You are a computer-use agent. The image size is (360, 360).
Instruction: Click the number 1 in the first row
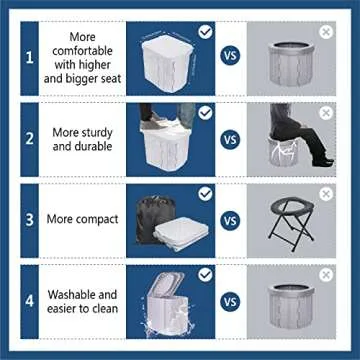pyautogui.click(x=29, y=58)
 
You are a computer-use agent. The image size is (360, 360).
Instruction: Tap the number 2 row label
pyautogui.click(x=29, y=140)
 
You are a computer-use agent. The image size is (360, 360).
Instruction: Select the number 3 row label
pyautogui.click(x=29, y=219)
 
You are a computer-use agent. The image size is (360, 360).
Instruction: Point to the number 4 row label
pyautogui.click(x=29, y=297)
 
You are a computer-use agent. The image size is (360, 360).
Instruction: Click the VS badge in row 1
pyautogui.click(x=230, y=57)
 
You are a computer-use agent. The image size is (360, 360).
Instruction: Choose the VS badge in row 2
pyautogui.click(x=230, y=139)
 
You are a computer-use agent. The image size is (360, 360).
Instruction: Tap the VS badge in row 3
pyautogui.click(x=230, y=218)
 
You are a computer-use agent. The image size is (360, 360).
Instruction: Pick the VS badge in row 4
pyautogui.click(x=230, y=297)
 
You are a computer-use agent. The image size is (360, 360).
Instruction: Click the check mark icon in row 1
pyautogui.click(x=206, y=32)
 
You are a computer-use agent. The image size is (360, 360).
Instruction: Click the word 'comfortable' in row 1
pyautogui.click(x=84, y=50)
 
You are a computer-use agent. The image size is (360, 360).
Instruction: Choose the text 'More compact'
pyautogui.click(x=85, y=219)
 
